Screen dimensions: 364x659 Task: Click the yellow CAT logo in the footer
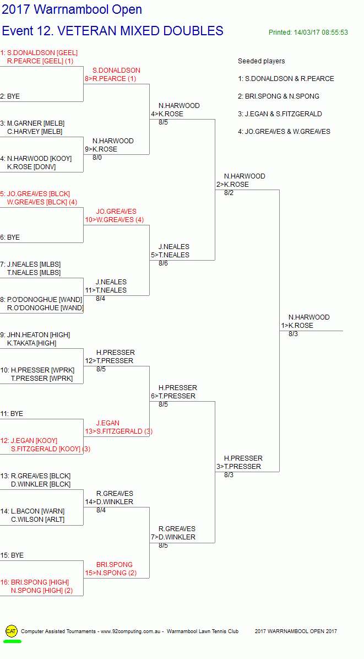12,631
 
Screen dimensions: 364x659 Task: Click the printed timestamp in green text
308,33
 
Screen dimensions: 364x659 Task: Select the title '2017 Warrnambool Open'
72,9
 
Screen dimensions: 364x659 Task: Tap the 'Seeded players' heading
261,61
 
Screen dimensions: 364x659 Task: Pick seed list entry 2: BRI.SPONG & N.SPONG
278,96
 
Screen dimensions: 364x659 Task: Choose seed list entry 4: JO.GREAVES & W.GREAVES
284,132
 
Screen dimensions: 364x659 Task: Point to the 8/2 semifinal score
229,193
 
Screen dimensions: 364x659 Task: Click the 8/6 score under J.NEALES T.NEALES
164,263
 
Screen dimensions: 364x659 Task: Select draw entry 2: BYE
10,96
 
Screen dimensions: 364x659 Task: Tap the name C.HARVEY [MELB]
35,132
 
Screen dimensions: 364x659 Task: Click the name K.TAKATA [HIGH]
31,343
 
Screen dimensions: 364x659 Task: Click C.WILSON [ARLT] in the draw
39,520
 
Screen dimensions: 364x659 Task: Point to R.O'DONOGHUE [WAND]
45,308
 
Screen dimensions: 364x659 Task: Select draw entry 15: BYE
12,555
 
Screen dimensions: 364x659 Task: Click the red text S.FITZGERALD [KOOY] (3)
50,449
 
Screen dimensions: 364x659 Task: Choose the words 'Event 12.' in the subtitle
28,31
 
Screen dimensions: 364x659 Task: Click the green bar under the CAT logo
12,641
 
